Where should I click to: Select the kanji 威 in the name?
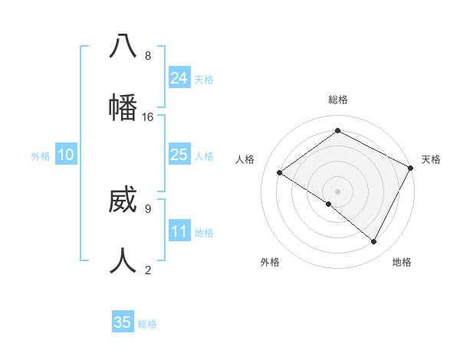(x=123, y=201)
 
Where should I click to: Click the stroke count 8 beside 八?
(x=148, y=56)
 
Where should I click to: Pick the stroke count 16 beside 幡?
(x=148, y=117)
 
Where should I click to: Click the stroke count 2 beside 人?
(x=148, y=270)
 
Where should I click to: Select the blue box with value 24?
(x=179, y=78)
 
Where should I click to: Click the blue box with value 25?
(x=179, y=155)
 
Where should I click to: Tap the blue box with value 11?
(x=179, y=231)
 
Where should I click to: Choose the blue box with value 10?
(x=66, y=155)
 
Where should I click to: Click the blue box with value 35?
(x=123, y=322)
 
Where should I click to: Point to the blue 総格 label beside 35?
(x=147, y=324)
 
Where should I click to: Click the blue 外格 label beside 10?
(x=41, y=156)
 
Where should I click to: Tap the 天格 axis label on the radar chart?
(x=431, y=159)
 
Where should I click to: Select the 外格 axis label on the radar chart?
(x=270, y=262)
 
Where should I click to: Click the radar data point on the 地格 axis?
(x=374, y=242)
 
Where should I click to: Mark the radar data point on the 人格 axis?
(x=280, y=173)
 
